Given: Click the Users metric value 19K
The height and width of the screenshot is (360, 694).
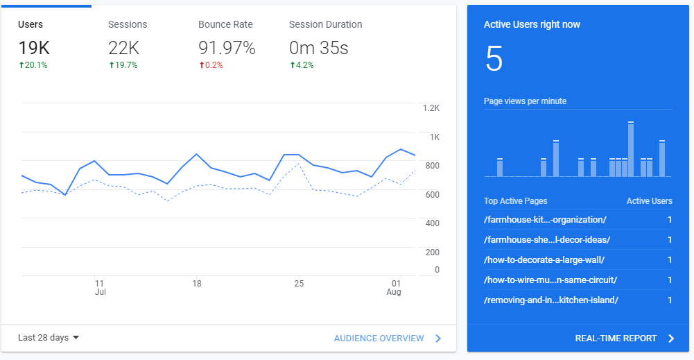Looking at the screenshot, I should pyautogui.click(x=33, y=48).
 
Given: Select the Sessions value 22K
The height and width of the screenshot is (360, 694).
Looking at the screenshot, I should pyautogui.click(x=124, y=48).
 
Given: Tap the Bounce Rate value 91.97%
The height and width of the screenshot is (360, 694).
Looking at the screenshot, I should pyautogui.click(x=227, y=48).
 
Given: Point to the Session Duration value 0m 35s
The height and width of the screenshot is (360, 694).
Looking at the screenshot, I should pyautogui.click(x=318, y=48).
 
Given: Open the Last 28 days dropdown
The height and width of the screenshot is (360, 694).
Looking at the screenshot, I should pyautogui.click(x=49, y=338).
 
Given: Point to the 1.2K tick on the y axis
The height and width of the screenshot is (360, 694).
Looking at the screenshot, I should pyautogui.click(x=431, y=108).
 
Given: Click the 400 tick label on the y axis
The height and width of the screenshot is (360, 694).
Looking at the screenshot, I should pyautogui.click(x=431, y=223).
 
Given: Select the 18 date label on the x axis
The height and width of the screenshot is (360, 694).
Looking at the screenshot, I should pyautogui.click(x=197, y=283).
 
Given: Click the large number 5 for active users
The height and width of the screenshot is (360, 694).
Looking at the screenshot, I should pyautogui.click(x=494, y=59).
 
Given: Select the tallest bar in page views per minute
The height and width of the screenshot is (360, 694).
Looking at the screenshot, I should pyautogui.click(x=631, y=149).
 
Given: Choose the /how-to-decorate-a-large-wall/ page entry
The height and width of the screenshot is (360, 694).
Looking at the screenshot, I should pyautogui.click(x=544, y=260).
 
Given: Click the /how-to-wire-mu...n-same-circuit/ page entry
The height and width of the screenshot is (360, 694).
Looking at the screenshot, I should pyautogui.click(x=550, y=280).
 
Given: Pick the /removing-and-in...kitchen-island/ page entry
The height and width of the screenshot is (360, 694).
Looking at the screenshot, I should pyautogui.click(x=550, y=300).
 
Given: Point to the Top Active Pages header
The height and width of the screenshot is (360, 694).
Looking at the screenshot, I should pyautogui.click(x=515, y=201).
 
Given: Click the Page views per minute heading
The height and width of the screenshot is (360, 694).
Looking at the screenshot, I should pyautogui.click(x=525, y=101).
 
